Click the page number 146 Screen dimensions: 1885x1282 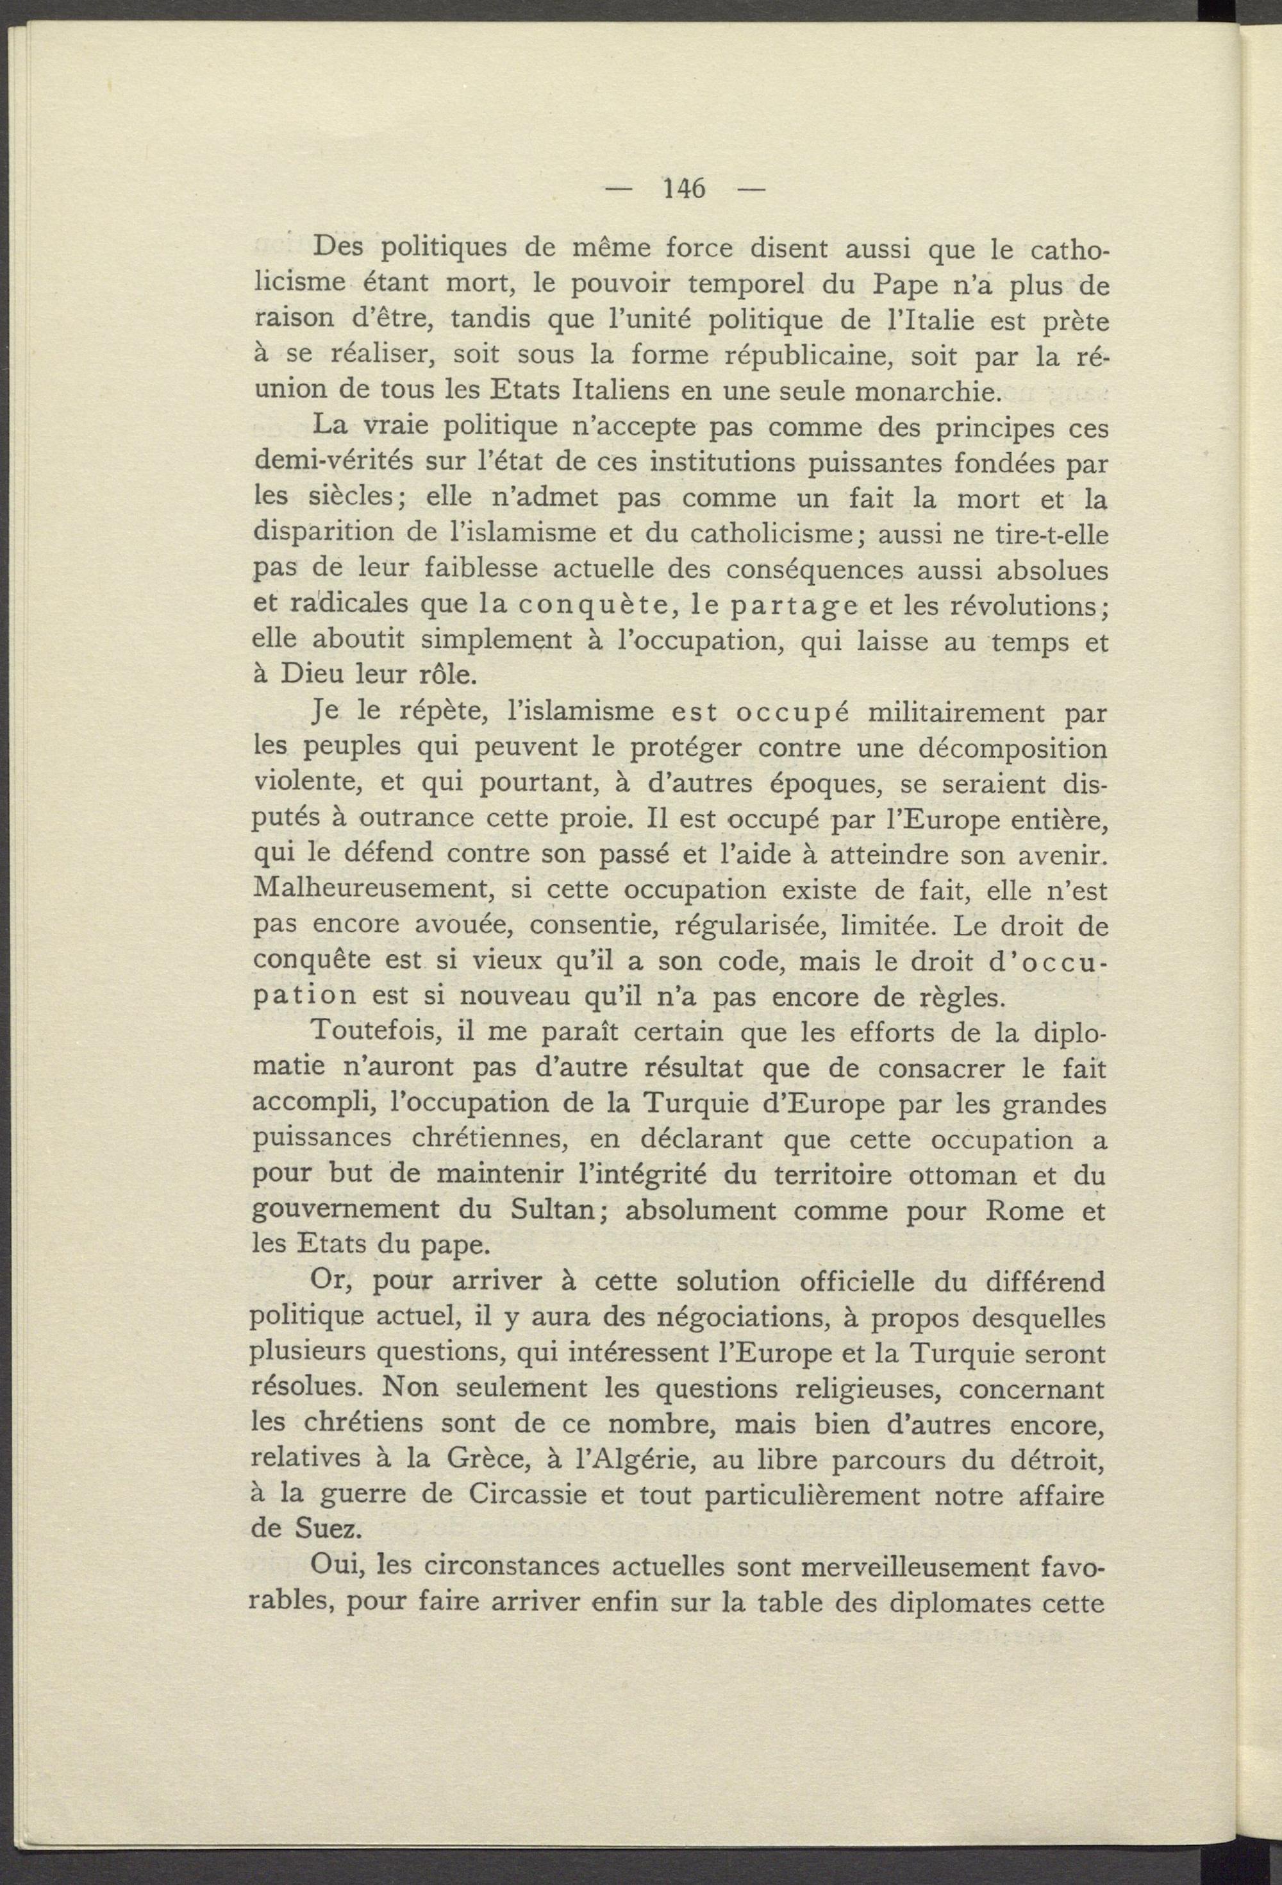[685, 188]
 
